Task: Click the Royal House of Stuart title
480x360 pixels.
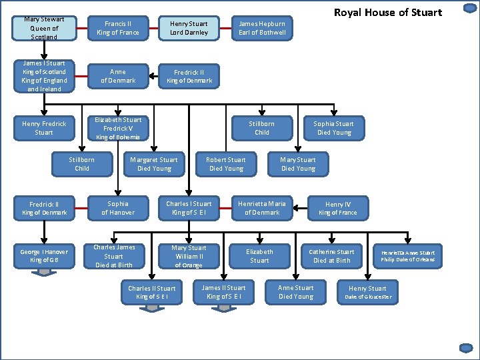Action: pyautogui.click(x=387, y=12)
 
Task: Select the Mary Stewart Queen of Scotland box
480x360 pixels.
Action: pyautogui.click(x=44, y=28)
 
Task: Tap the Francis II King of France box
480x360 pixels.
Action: pyautogui.click(x=117, y=28)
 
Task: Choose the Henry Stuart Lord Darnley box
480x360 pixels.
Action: pyautogui.click(x=189, y=28)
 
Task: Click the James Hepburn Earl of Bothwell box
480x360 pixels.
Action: pyautogui.click(x=262, y=28)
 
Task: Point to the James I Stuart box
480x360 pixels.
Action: pyautogui.click(x=44, y=76)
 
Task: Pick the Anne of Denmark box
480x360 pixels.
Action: pyautogui.click(x=117, y=76)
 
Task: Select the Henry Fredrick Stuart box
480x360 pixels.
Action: pyautogui.click(x=44, y=128)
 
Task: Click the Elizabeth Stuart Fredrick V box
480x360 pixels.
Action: pyautogui.click(x=117, y=128)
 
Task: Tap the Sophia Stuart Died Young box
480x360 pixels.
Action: pyautogui.click(x=333, y=128)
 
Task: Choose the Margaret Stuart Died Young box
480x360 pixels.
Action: pyautogui.click(x=153, y=164)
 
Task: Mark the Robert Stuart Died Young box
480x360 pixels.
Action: pyautogui.click(x=225, y=164)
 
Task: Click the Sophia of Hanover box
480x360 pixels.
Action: pyautogui.click(x=117, y=208)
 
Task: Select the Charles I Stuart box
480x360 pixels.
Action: pyautogui.click(x=189, y=208)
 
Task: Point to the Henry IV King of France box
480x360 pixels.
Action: pyautogui.click(x=337, y=208)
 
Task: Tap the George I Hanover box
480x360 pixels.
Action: pyautogui.click(x=44, y=256)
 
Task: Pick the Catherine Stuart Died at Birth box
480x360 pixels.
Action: pyautogui.click(x=331, y=256)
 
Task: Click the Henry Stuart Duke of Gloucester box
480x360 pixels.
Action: pyautogui.click(x=367, y=292)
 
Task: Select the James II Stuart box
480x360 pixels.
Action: pyautogui.click(x=223, y=292)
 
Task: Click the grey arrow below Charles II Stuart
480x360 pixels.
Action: pyautogui.click(x=153, y=307)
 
